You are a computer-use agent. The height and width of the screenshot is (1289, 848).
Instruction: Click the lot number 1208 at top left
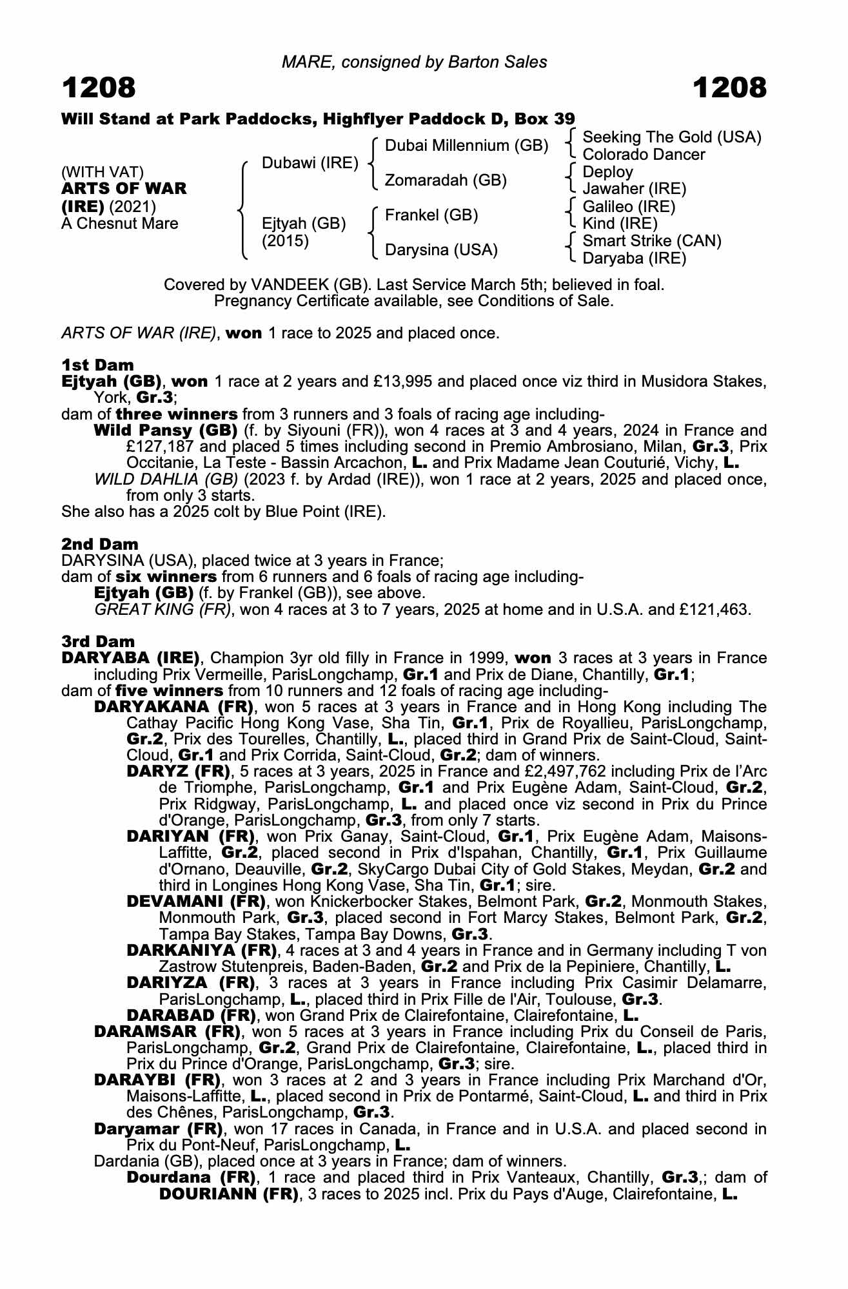point(99,88)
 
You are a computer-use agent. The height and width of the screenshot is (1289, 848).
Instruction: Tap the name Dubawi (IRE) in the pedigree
point(310,163)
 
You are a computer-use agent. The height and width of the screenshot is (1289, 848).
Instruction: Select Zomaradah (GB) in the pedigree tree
point(446,180)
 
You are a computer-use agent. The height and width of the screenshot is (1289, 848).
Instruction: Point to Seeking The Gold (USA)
point(672,137)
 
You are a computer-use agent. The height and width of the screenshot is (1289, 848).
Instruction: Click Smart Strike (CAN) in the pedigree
point(652,241)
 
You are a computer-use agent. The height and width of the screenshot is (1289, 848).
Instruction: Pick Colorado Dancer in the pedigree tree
point(644,155)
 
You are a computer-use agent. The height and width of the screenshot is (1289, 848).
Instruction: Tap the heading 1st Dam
point(97,365)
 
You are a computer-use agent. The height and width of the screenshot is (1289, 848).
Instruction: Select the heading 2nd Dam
point(99,544)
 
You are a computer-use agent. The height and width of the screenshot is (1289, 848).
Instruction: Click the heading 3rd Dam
point(98,641)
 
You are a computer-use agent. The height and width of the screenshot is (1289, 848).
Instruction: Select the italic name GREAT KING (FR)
point(163,610)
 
